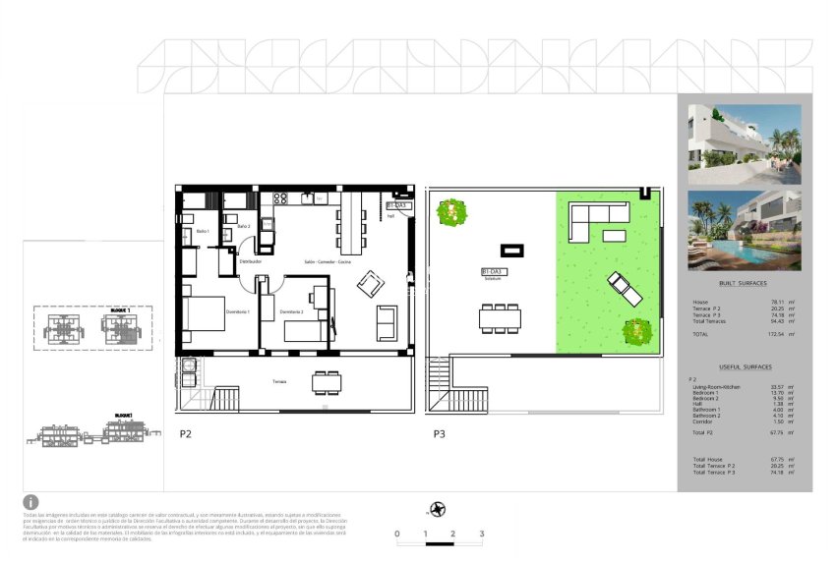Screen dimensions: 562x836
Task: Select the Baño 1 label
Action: click(x=203, y=231)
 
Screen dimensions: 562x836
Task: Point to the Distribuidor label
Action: click(x=253, y=262)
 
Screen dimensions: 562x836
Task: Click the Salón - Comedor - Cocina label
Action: click(x=328, y=262)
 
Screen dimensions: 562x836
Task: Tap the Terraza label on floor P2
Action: click(x=280, y=381)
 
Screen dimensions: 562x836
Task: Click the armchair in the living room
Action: click(x=371, y=283)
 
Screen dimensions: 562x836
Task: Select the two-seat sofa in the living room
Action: click(x=387, y=321)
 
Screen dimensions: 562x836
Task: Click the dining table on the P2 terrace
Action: click(x=328, y=381)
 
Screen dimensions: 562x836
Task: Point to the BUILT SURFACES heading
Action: click(x=744, y=283)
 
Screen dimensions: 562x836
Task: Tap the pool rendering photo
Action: click(x=745, y=230)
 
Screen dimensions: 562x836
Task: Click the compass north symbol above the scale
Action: click(x=437, y=509)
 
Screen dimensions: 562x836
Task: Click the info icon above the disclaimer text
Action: click(x=30, y=502)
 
